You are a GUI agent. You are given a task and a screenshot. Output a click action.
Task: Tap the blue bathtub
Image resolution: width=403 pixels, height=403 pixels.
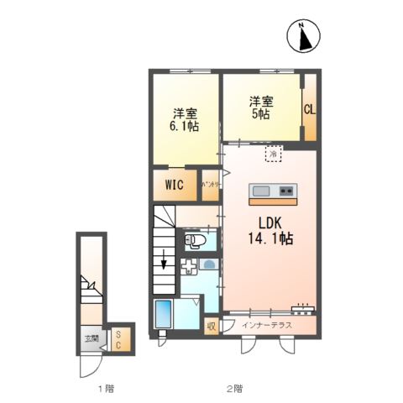point(163,315)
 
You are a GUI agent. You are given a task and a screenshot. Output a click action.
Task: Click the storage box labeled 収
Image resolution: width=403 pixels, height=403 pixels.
point(212,323)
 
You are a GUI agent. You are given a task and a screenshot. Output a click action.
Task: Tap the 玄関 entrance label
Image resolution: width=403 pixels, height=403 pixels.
point(90,341)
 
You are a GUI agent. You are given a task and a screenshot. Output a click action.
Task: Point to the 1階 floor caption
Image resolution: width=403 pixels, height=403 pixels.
point(105,389)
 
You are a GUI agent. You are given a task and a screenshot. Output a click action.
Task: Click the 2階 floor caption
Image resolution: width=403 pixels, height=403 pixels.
point(234,389)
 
